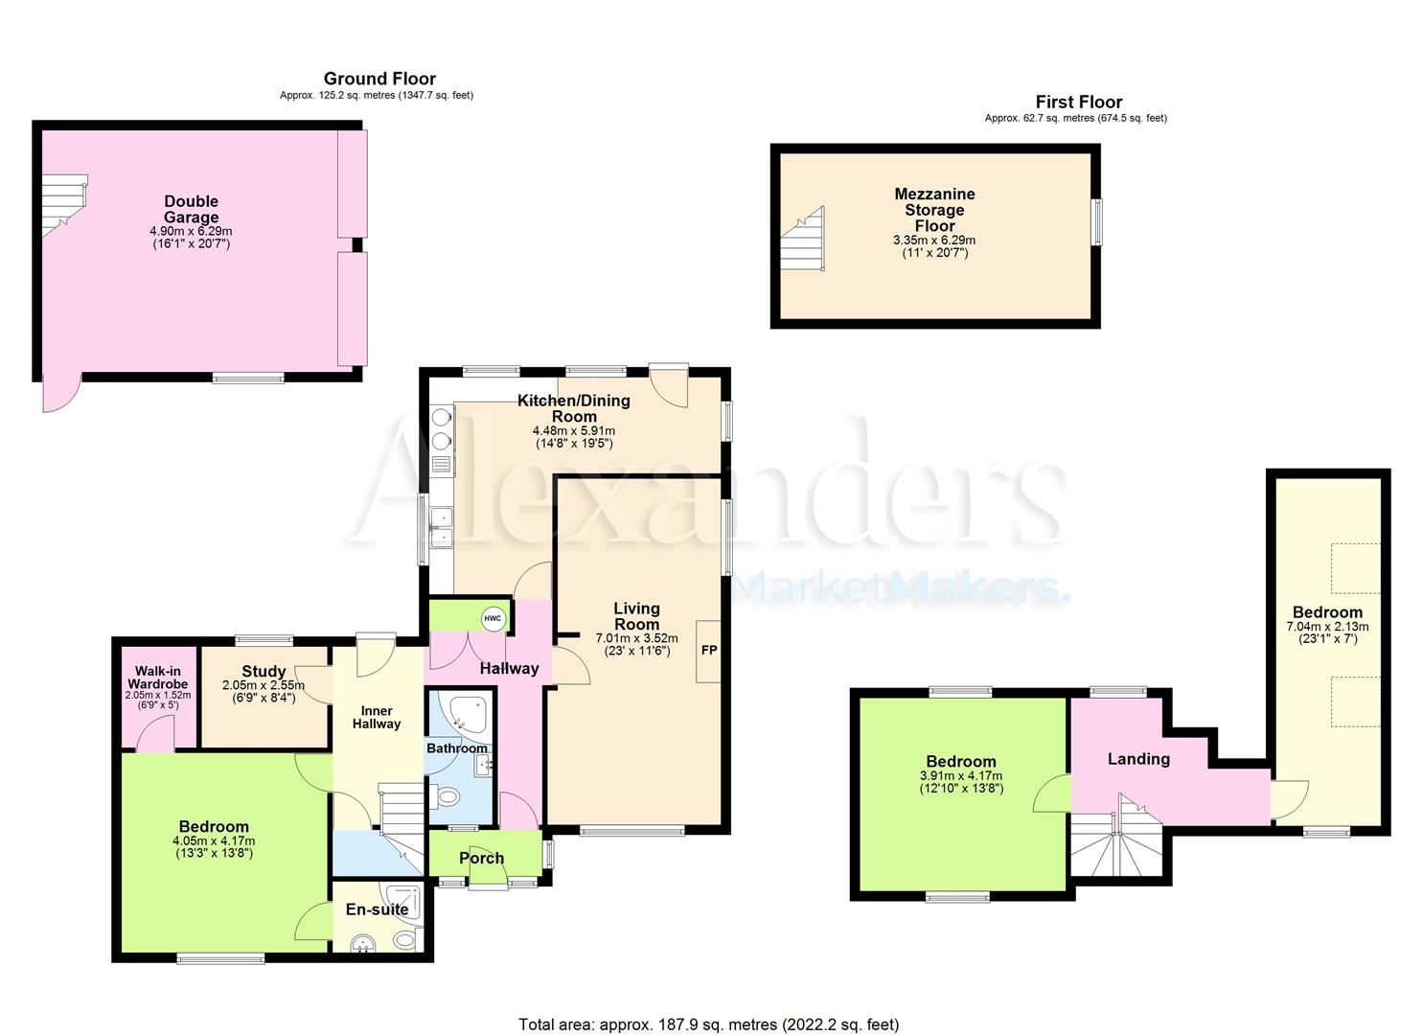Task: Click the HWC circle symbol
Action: point(493,618)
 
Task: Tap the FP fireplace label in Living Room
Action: point(709,650)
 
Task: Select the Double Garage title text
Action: point(192,209)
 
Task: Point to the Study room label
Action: point(264,671)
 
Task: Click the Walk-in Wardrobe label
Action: point(157,678)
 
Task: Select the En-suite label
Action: point(377,909)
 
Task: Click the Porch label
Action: point(482,859)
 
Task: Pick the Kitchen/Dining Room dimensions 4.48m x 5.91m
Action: point(574,431)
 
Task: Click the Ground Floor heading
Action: point(379,79)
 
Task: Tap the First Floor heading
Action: point(1079,102)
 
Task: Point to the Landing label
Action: point(1138,759)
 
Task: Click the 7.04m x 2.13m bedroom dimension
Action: point(1328,627)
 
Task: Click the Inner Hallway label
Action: point(377,718)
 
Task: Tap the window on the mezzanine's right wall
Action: point(1097,221)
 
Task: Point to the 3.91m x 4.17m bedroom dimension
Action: point(961,776)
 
